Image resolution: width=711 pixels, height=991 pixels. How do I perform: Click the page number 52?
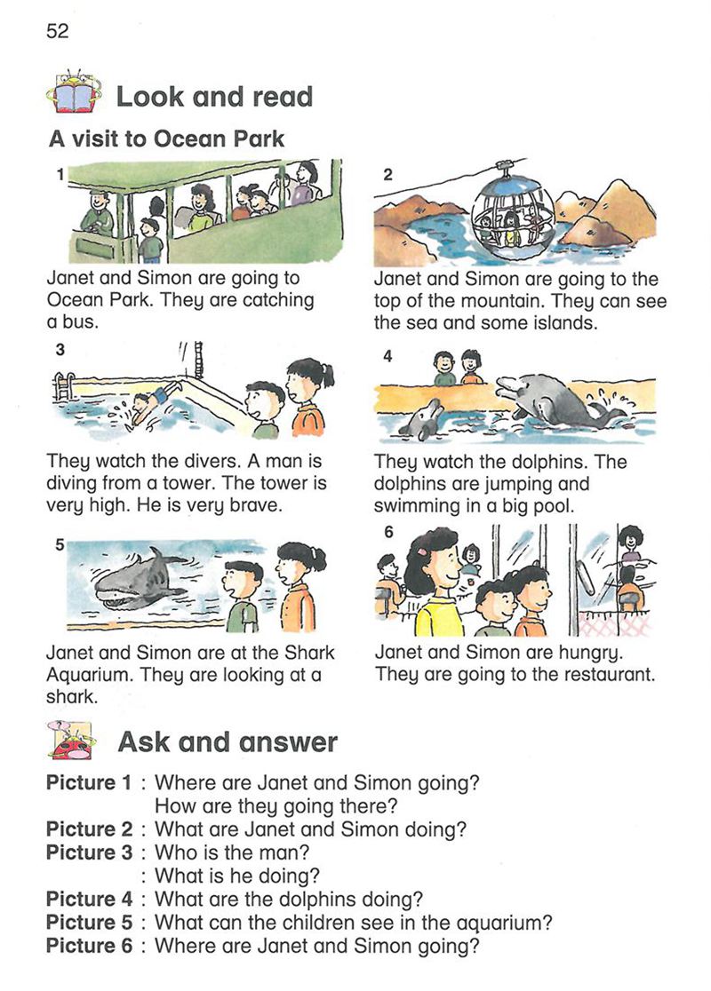coord(57,31)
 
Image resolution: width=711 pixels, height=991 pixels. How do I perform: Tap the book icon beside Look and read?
coord(74,91)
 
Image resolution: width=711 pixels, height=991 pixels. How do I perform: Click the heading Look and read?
coord(214,97)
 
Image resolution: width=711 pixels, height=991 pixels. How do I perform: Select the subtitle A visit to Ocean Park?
coord(166,139)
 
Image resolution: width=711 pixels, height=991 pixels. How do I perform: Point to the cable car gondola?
coord(513,214)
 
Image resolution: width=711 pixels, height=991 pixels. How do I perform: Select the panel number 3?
coord(60,349)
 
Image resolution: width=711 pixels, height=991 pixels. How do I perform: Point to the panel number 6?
coord(388,532)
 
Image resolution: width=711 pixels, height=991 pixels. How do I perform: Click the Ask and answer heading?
coord(228,742)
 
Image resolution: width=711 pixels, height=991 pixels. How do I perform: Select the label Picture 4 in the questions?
coord(89,899)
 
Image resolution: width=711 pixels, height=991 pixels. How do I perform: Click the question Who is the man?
coord(232,852)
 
